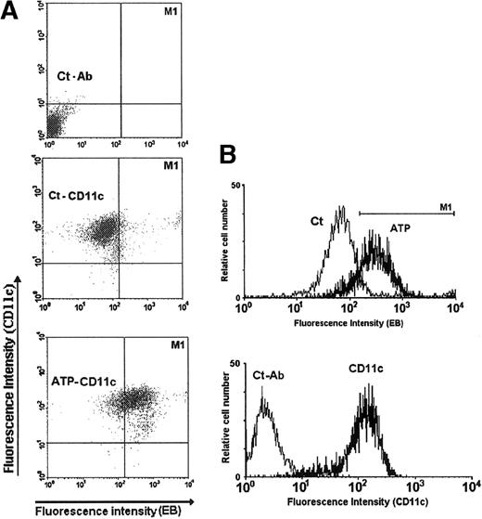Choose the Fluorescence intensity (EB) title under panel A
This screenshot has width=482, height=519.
99,509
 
